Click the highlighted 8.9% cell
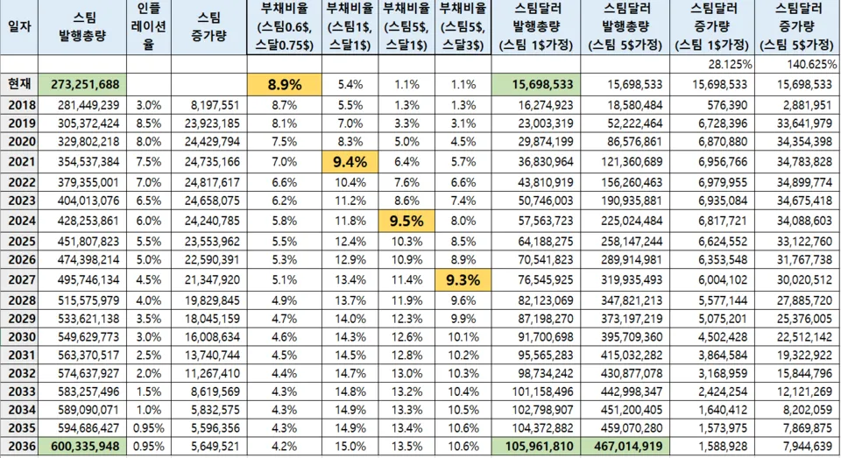point(285,85)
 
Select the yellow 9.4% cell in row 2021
point(350,161)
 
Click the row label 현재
point(18,85)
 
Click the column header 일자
point(18,27)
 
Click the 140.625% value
point(808,65)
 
